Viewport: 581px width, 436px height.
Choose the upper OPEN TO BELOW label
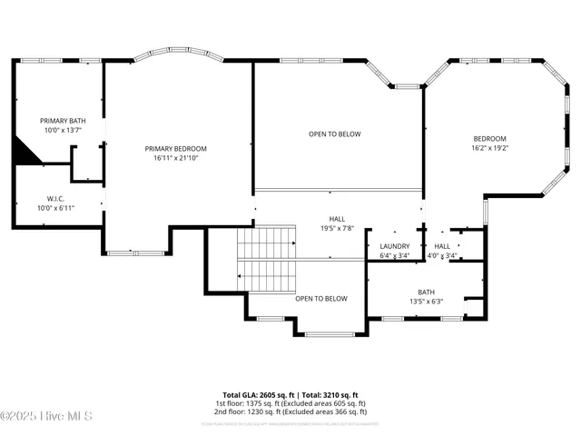coord(334,134)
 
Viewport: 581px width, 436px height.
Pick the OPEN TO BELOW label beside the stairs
coord(321,298)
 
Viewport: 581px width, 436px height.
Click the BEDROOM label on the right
coord(489,138)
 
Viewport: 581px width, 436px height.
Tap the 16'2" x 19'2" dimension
coord(489,148)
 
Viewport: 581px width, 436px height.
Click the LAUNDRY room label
coord(394,246)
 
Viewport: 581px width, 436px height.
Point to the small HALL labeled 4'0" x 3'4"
coord(442,246)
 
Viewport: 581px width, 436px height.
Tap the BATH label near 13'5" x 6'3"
coord(426,266)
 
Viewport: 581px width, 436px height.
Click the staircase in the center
coord(267,259)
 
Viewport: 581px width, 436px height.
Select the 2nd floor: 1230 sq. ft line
coord(290,411)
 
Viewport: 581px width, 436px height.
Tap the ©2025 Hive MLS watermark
coord(44,417)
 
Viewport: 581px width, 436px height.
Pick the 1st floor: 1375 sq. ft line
coord(290,403)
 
